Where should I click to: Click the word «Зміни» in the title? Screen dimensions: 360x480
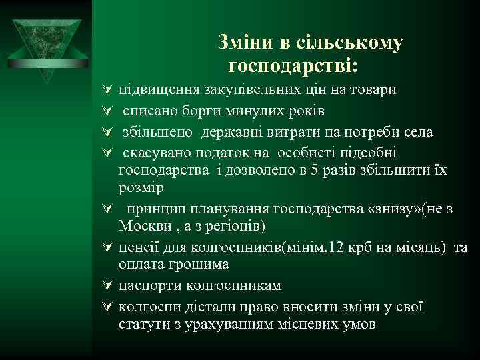(245, 43)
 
